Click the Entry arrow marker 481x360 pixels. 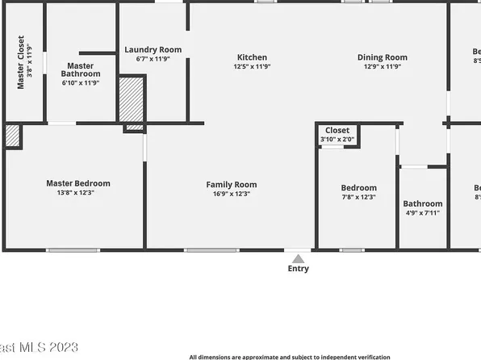tap(299, 258)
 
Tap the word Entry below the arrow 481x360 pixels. tap(299, 270)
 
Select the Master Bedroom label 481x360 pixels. tap(78, 183)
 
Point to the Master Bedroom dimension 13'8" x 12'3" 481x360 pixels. tap(78, 194)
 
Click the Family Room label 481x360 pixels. tap(232, 185)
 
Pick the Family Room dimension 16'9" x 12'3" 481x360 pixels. tap(232, 195)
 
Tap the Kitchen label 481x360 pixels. tap(252, 57)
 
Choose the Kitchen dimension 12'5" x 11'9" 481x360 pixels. tap(252, 67)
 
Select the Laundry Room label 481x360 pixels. tap(153, 49)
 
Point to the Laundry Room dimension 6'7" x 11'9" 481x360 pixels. tap(153, 59)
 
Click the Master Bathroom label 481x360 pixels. tap(81, 70)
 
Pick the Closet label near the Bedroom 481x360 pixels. tap(337, 131)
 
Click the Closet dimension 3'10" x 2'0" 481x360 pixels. tap(337, 140)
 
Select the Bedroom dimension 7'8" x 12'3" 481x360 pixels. tap(358, 198)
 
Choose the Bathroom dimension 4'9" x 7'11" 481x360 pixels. tap(423, 214)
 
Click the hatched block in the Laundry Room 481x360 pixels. tap(132, 99)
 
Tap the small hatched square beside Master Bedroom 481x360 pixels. tap(12, 136)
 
